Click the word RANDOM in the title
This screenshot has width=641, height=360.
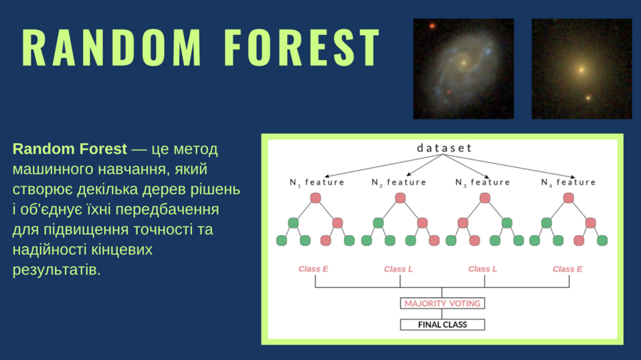[x=111, y=47]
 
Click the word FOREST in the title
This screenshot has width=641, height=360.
[x=302, y=47]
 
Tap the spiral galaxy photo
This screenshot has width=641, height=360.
[x=463, y=69]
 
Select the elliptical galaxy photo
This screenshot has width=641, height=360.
[x=582, y=69]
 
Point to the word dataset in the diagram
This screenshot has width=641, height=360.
[x=444, y=148]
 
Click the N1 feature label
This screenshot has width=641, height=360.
[x=317, y=182]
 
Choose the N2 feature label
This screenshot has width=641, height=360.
[x=398, y=182]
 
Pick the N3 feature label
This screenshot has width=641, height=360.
[x=483, y=182]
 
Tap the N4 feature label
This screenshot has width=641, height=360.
[x=568, y=182]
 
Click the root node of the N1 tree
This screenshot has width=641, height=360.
[x=316, y=198]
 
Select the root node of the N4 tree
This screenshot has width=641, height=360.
[x=568, y=198]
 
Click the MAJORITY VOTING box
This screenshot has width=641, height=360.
[x=443, y=303]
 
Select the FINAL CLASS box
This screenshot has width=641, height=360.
[x=443, y=324]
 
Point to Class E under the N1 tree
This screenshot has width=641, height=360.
[x=313, y=269]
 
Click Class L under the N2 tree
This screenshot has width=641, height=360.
[x=398, y=269]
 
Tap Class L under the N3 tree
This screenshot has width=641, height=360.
[x=483, y=269]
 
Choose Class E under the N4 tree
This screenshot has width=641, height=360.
[x=567, y=269]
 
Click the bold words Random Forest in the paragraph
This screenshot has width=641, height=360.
[x=70, y=149]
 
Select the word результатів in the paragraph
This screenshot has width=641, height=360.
[x=56, y=270]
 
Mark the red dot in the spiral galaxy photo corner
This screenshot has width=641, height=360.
[x=432, y=26]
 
